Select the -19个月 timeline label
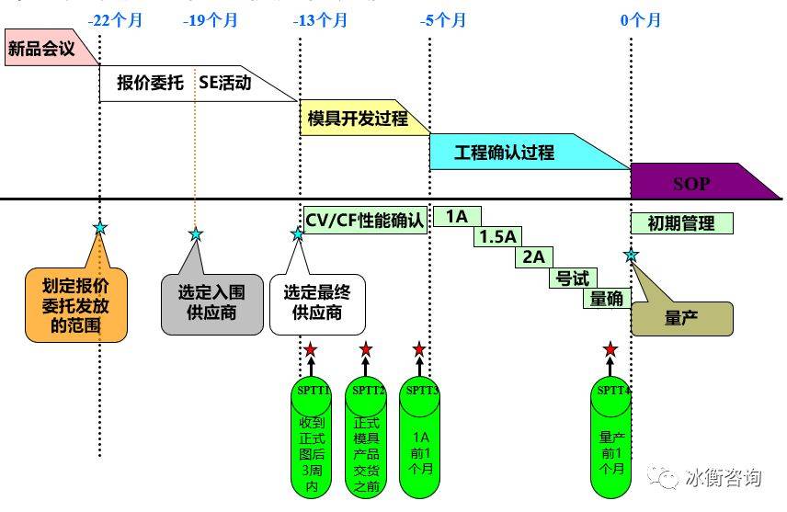point(210,19)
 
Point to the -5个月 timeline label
point(446,19)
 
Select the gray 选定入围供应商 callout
point(211,302)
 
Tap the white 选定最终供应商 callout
point(317,302)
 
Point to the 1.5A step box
point(497,236)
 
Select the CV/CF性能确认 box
point(364,221)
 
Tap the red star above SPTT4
point(610,349)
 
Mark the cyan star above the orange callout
point(100,227)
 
